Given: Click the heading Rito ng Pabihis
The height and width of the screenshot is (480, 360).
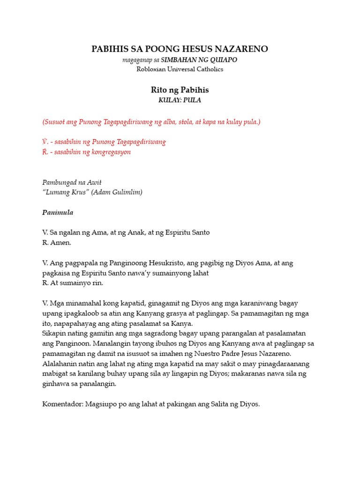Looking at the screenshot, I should coord(180,90).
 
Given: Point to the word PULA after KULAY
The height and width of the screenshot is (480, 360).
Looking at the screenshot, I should coord(192,100).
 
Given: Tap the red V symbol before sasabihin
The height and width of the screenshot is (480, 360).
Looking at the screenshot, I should coord(45,142).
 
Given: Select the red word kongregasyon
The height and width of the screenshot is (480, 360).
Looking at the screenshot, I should coord(109,152).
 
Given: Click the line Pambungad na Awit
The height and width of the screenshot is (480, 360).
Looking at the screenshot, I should coord(72,182).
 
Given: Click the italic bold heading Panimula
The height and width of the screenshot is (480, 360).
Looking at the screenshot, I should coord(58,212).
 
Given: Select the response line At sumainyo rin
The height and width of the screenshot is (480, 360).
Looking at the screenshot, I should coord(73,283).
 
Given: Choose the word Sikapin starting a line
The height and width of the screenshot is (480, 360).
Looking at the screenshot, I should coord(54,333).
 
